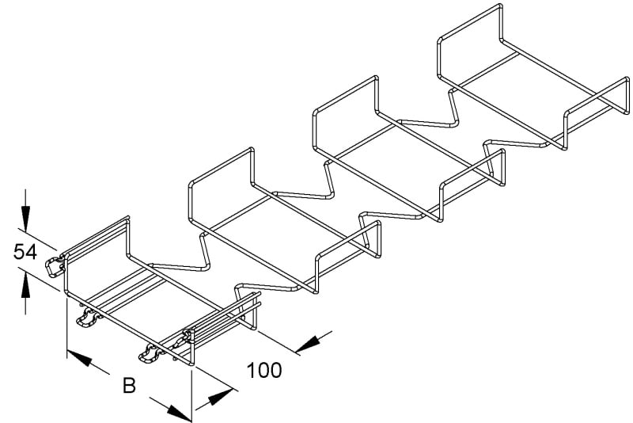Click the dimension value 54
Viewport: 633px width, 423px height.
coord(25,252)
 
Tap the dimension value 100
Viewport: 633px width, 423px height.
coord(264,370)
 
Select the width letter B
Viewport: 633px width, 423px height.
coord(129,386)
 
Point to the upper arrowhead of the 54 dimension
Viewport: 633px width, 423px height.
coord(25,219)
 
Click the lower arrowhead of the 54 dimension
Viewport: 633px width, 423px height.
coord(25,285)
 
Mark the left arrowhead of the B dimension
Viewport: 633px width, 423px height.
coord(80,358)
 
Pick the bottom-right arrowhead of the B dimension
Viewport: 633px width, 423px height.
coord(180,413)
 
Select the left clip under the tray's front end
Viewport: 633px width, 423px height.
coord(88,318)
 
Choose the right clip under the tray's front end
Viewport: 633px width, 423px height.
coord(150,353)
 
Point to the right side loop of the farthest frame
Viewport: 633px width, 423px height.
coord(597,113)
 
